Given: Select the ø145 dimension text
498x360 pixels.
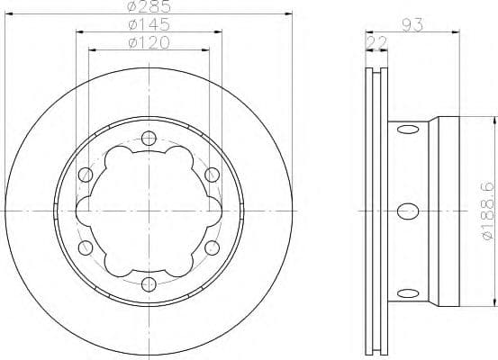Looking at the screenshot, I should pyautogui.click(x=149, y=25).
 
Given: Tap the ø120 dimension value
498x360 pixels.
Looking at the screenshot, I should pyautogui.click(x=149, y=42).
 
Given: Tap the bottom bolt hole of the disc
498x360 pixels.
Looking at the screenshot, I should pyautogui.click(x=149, y=283).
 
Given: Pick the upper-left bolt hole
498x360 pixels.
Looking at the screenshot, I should pyautogui.click(x=86, y=174).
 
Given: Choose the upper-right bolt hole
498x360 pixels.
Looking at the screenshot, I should pyautogui.click(x=212, y=174).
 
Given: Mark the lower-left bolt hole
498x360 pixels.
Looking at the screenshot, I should pyautogui.click(x=86, y=247).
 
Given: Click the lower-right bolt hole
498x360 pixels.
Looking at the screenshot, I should pyautogui.click(x=212, y=247).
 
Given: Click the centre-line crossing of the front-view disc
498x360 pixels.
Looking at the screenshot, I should pyautogui.click(x=149, y=211).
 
